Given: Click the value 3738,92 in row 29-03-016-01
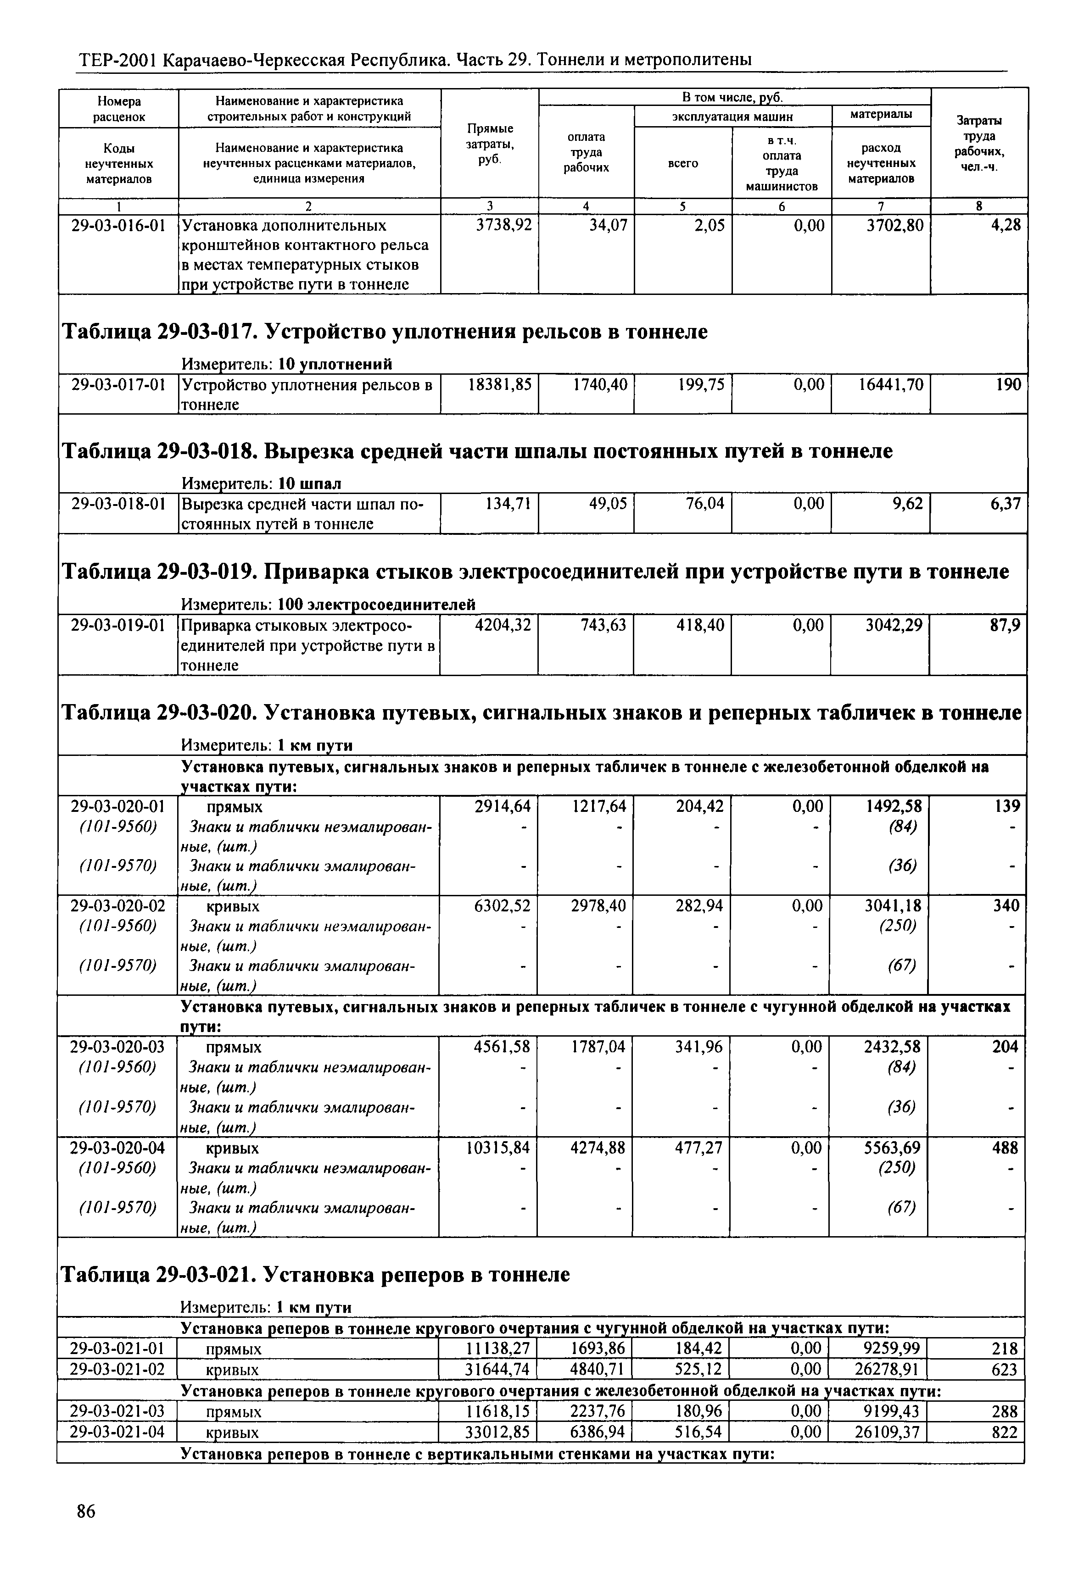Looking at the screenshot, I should pos(504,225).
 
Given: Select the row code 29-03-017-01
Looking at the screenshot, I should pos(119,385).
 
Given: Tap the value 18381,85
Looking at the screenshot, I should pos(500,385).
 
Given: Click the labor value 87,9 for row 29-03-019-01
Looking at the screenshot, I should pos(1005,624).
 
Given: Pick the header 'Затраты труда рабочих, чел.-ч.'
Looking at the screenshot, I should pos(979,143).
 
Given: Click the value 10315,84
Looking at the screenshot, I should pos(498,1147).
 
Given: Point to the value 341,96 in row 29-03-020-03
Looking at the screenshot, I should pos(699,1047).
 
